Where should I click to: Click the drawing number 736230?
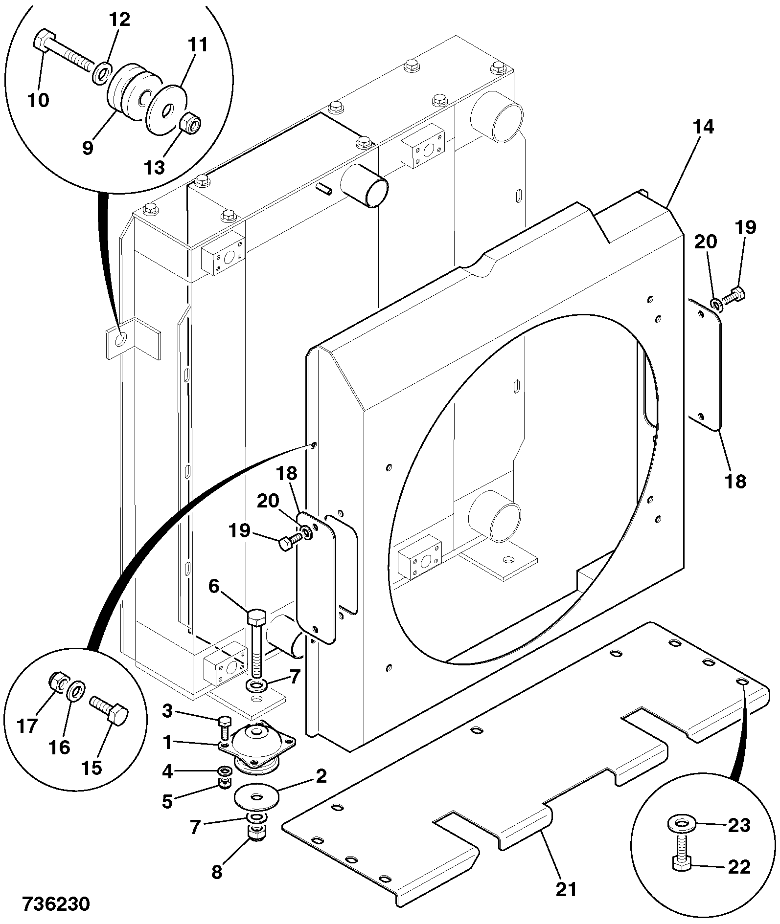56,904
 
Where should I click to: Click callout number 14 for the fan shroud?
703,127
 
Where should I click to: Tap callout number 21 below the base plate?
567,889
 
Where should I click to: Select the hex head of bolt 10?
43,40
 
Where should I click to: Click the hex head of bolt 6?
256,618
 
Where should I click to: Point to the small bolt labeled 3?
225,727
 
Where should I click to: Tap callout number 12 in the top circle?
119,20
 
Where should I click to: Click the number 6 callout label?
214,587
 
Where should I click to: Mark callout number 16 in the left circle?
60,747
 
